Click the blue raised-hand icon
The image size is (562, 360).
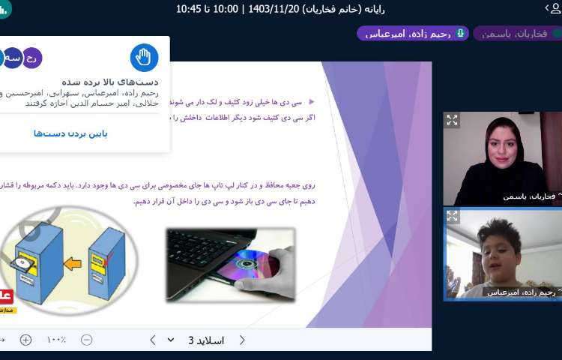pos(145,58)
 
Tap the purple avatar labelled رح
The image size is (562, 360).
pos(32,58)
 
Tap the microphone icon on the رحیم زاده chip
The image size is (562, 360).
pos(459,33)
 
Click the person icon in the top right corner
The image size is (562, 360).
pos(553,8)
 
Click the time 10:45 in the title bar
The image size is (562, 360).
pos(190,8)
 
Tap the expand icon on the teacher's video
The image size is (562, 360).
pos(452,119)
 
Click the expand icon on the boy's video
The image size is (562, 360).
pos(452,216)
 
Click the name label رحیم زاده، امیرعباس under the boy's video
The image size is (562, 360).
pos(519,292)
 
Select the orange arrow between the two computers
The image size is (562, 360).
pos(72,263)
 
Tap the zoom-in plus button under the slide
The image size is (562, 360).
pos(25,340)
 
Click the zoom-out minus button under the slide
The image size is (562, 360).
pos(86,340)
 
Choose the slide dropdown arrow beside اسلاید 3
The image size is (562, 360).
pos(171,340)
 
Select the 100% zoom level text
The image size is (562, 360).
pos(56,340)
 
